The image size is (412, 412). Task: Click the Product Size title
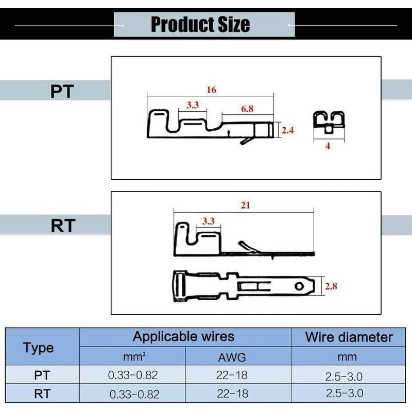[200, 24]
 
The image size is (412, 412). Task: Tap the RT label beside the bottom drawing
[63, 226]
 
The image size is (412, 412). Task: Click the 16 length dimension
[211, 90]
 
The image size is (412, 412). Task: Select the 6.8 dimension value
[247, 109]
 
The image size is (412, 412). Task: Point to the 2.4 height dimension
[287, 131]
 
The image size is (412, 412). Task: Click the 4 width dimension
[328, 146]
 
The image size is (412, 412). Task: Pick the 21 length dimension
[245, 205]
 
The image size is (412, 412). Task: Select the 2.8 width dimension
[331, 286]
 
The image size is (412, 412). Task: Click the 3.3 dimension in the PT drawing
[192, 105]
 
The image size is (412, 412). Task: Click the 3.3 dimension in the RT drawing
[208, 221]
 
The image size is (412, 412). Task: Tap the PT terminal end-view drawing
[329, 122]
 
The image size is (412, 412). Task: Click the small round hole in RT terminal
[298, 286]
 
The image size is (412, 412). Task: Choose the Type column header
[39, 348]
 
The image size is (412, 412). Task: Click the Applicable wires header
[183, 337]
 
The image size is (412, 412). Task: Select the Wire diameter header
[349, 337]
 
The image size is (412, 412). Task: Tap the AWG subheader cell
[232, 356]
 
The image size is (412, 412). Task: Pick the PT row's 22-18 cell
[232, 375]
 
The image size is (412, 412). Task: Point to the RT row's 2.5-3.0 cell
[345, 393]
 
